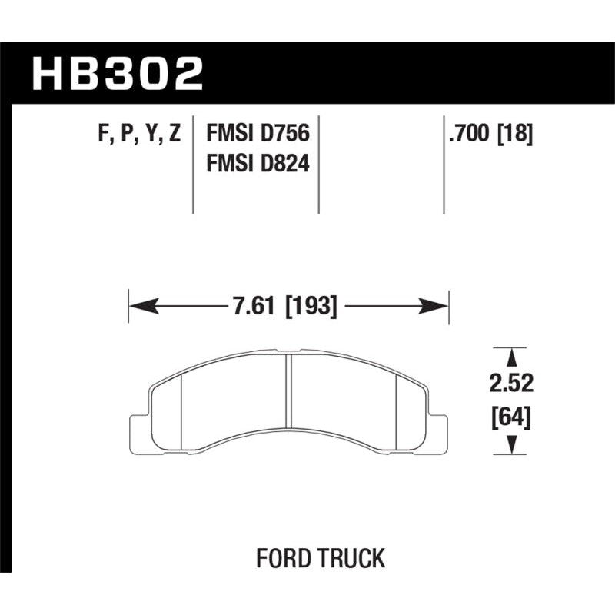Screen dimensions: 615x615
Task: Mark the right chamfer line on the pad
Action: coord(397,411)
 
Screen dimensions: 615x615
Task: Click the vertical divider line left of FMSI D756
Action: coord(192,165)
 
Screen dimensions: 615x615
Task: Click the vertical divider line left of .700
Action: coord(444,165)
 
